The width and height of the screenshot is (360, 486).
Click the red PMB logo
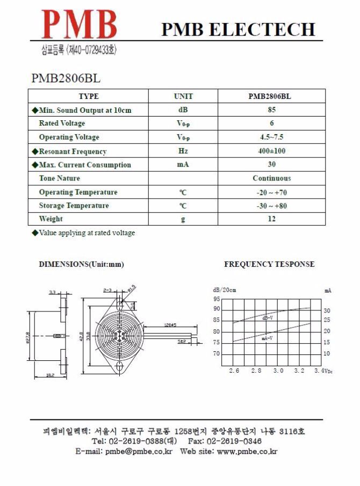coord(80,25)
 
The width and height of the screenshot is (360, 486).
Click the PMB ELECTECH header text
coord(238,29)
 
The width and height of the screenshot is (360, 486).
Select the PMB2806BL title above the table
coord(66,78)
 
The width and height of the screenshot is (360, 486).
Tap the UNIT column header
coord(183,97)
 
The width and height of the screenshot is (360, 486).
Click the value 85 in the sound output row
coord(271,110)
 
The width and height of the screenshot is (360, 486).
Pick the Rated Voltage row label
coord(62,124)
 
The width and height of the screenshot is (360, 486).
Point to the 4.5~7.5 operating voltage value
coord(271,137)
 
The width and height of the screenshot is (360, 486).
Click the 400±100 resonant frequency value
coord(271,151)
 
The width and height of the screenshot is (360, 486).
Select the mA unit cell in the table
coord(183,164)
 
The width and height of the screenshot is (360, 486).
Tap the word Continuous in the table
coord(271,178)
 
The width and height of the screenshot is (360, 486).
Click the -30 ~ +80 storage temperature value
coord(271,206)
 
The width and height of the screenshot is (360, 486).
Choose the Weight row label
coord(51,219)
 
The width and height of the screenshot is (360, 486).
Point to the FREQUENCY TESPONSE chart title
coord(269,264)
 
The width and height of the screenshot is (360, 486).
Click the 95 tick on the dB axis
coord(217,299)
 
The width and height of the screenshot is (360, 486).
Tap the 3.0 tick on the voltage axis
coord(278,371)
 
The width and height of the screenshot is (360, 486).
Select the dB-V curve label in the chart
coord(267,318)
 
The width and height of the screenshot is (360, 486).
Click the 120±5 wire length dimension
coord(171,325)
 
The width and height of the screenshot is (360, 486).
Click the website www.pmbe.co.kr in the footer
coord(247,452)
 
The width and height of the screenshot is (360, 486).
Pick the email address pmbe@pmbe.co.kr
coord(139,452)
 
